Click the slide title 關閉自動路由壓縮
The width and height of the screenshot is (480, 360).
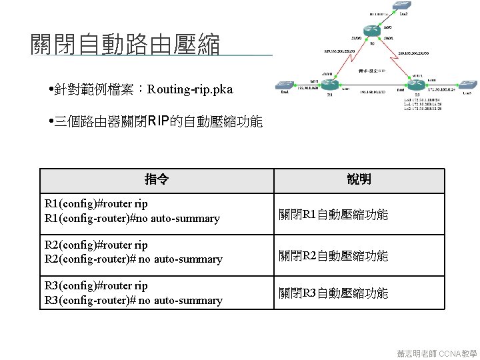click(x=125, y=45)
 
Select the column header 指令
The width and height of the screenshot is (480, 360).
click(x=157, y=179)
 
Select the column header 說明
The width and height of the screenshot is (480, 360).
click(x=359, y=179)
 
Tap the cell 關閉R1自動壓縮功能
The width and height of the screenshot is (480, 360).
click(x=333, y=215)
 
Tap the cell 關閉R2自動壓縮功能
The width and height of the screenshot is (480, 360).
click(x=333, y=255)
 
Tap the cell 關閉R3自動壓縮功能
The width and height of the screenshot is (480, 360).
click(x=333, y=293)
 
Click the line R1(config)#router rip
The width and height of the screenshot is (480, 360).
click(x=96, y=204)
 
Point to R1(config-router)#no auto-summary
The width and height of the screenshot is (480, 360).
click(x=132, y=219)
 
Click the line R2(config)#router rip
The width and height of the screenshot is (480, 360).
click(x=96, y=245)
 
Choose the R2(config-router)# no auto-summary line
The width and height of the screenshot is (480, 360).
click(x=133, y=259)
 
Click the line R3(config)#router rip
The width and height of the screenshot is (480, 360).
click(x=96, y=285)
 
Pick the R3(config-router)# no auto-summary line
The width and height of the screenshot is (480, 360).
click(x=133, y=301)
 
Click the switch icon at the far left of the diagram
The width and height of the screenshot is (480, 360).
click(x=286, y=86)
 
